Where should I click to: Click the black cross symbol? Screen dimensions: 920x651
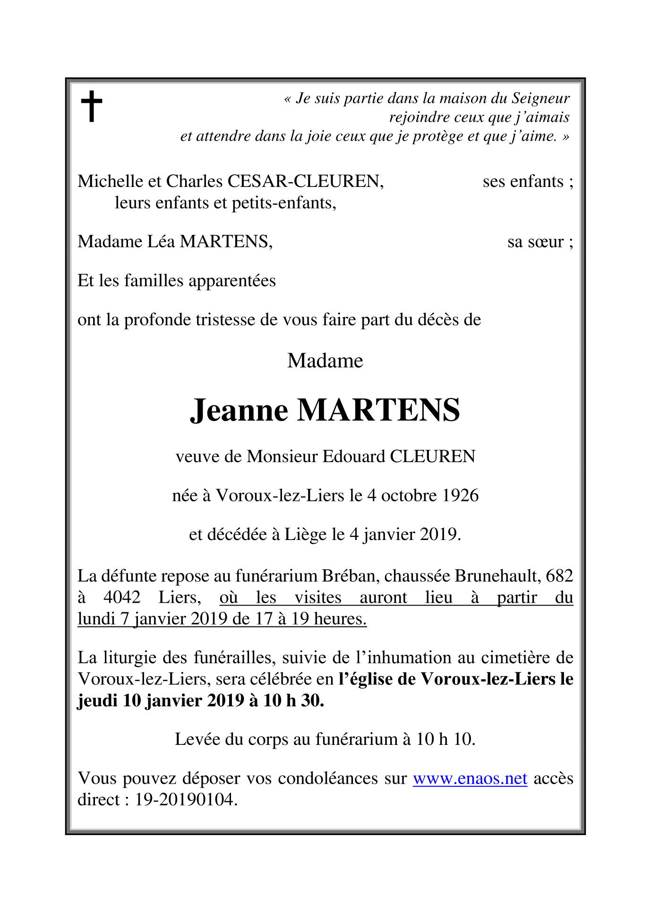click(x=92, y=106)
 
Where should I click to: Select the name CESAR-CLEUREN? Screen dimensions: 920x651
click(x=305, y=181)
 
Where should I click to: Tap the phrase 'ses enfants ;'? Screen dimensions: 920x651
click(x=528, y=181)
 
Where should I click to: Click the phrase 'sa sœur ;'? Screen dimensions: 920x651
click(x=540, y=242)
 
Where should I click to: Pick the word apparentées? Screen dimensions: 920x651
click(x=232, y=281)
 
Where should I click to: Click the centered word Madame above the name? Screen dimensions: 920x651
click(x=325, y=361)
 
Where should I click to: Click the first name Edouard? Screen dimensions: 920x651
click(x=354, y=456)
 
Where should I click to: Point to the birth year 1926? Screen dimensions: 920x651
click(x=461, y=496)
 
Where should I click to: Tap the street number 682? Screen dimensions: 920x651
click(x=559, y=576)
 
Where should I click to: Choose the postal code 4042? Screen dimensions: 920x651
click(x=122, y=598)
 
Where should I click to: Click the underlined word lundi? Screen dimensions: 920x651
click(x=96, y=619)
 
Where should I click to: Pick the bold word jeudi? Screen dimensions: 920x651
click(x=97, y=701)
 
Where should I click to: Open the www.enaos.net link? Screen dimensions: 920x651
click(x=470, y=778)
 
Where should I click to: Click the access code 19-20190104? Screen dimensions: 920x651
click(x=186, y=800)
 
